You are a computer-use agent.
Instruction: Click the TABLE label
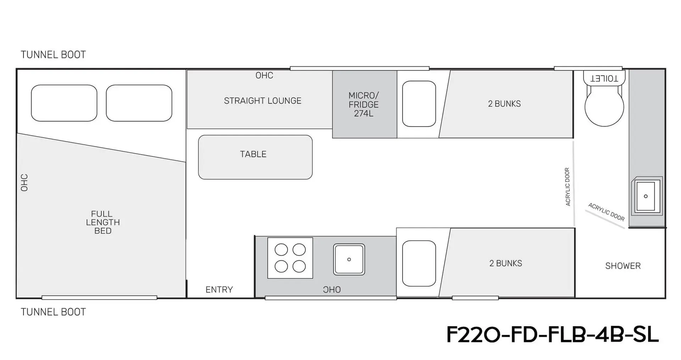coord(253,154)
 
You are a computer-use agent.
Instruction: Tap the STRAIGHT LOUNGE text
coord(262,101)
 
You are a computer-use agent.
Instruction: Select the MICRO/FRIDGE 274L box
coord(364,104)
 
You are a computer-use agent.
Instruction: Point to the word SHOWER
coord(623,266)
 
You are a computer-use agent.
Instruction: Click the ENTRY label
coord(219,290)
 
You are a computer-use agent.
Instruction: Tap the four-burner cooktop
coord(290,258)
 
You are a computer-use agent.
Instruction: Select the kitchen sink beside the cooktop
coord(349,259)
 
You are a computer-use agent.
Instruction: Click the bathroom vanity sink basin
coord(646,196)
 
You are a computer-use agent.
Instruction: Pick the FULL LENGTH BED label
coord(103,222)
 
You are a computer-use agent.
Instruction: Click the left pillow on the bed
coord(64,103)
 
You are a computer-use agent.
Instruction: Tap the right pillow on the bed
coord(139,103)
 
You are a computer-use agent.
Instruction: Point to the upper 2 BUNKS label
coord(504,104)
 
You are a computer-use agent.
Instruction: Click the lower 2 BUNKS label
coord(505,264)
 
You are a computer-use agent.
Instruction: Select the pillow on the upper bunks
coord(419,104)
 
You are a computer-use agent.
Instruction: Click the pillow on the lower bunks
coord(419,264)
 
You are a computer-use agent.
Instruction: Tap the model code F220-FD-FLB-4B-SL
coord(552,334)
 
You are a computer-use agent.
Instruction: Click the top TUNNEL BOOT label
coord(53,55)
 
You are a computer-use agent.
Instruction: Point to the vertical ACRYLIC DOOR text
coord(567,187)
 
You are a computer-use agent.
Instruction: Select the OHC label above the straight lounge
coord(264,75)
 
